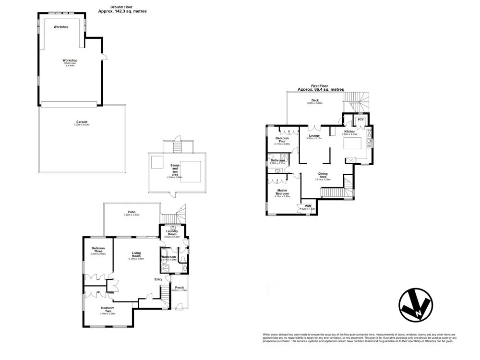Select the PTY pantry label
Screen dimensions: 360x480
(x=360, y=120)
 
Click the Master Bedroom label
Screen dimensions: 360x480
(x=282, y=192)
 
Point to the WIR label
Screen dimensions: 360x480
(x=308, y=206)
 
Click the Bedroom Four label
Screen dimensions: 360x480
(x=282, y=139)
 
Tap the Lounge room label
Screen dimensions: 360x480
(x=314, y=136)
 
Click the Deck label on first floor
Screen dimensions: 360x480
(x=315, y=101)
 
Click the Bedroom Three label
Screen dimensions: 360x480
(x=98, y=250)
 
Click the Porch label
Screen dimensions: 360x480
(x=180, y=288)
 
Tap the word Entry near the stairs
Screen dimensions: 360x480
(x=158, y=279)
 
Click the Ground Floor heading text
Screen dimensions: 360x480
(x=122, y=7)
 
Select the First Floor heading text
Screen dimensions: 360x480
(x=321, y=86)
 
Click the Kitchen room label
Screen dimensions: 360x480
(x=349, y=132)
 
